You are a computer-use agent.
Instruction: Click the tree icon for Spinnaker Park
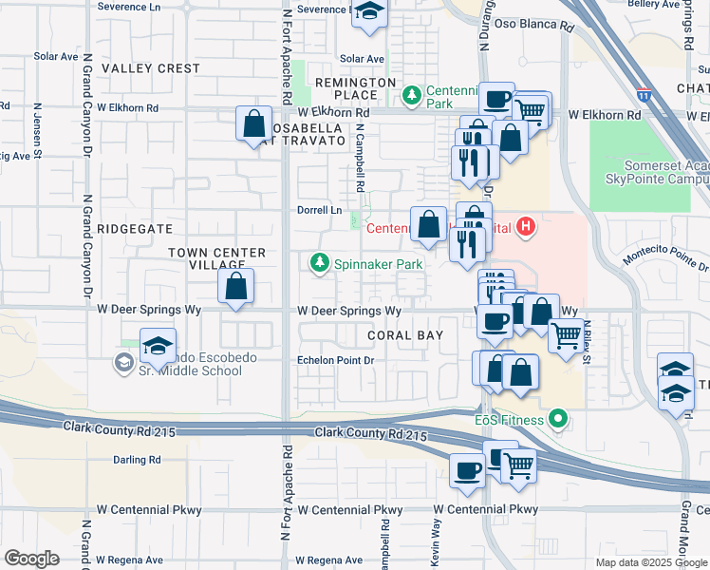coord(321,263)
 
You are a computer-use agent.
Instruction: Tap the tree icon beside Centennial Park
coord(412,94)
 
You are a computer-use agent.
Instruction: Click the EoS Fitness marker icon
coord(558,419)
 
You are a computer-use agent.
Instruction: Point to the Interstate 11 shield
coord(645,95)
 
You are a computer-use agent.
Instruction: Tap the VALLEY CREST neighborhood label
coord(152,68)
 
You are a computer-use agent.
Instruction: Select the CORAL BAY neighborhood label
coord(402,335)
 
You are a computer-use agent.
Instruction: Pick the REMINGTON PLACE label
coord(356,89)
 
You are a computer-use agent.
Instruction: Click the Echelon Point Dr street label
coord(336,360)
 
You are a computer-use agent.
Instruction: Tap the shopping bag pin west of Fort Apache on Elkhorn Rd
coord(254,123)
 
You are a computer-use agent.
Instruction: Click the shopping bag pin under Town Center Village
coord(236,285)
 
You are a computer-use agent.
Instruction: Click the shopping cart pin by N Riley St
coord(566,334)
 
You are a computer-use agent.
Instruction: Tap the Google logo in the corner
coord(31,559)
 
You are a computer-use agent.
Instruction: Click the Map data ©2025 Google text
coord(650,562)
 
